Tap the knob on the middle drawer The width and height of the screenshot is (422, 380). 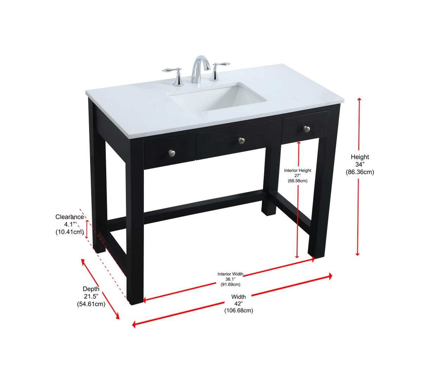pyautogui.click(x=241, y=141)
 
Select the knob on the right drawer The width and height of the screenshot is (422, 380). pyautogui.click(x=307, y=129)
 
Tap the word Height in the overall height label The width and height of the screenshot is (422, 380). pyautogui.click(x=360, y=157)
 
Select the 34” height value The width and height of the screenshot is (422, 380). pyautogui.click(x=360, y=164)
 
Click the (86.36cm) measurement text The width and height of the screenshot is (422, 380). pyautogui.click(x=360, y=172)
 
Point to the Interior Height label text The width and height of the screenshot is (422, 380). pyautogui.click(x=298, y=170)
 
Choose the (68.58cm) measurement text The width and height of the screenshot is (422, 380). pyautogui.click(x=298, y=181)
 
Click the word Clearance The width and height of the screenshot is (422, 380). pyautogui.click(x=70, y=217)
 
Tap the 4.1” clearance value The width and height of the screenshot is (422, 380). pyautogui.click(x=70, y=224)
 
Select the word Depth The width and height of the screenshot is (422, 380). pyautogui.click(x=91, y=289)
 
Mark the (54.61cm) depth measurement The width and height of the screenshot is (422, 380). pyautogui.click(x=91, y=304)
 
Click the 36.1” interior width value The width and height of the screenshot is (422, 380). pyautogui.click(x=230, y=279)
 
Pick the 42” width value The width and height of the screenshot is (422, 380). pyautogui.click(x=238, y=304)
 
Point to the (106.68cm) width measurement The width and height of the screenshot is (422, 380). pyautogui.click(x=238, y=311)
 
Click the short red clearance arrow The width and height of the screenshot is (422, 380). pyautogui.click(x=87, y=229)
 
